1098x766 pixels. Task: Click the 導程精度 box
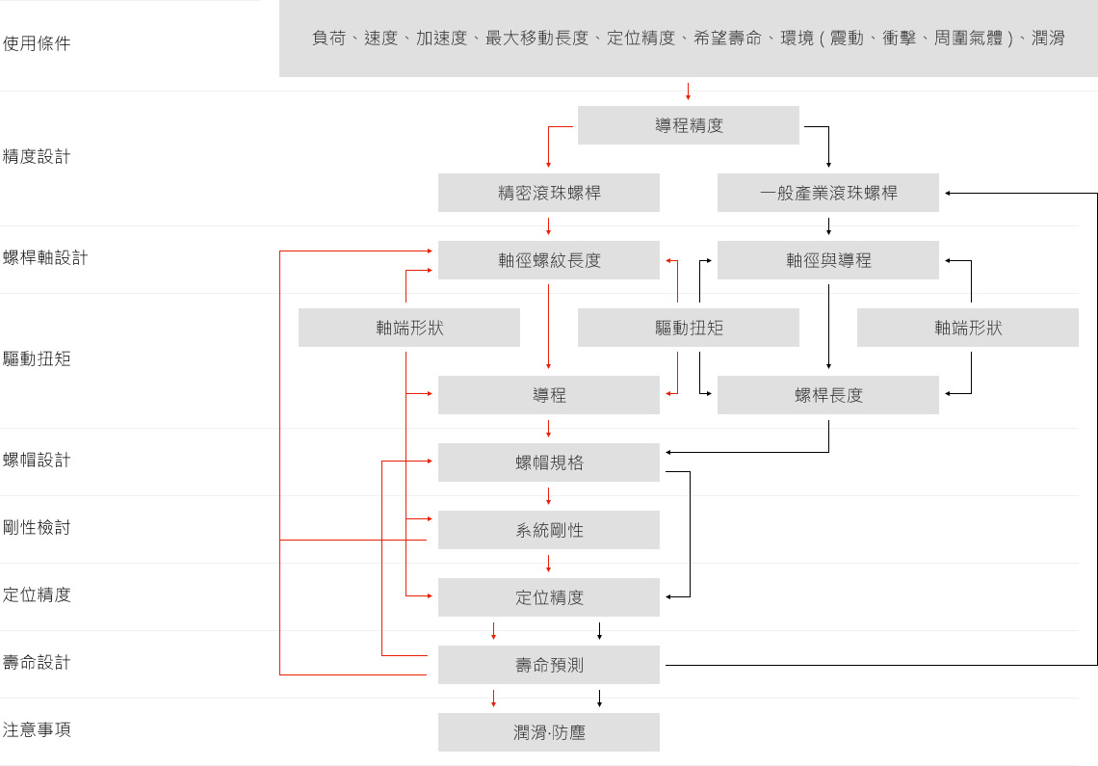pos(688,125)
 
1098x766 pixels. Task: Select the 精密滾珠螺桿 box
pos(549,193)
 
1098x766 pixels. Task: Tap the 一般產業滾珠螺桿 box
pos(828,193)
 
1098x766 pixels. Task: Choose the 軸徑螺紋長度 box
pos(549,260)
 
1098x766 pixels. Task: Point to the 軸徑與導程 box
pos(828,260)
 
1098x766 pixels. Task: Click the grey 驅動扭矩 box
pos(688,328)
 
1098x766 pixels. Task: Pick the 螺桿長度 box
pos(828,395)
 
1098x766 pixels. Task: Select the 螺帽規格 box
pos(549,462)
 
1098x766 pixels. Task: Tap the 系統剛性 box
pos(549,530)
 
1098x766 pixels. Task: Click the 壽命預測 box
pos(549,665)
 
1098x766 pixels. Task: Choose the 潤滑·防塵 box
pos(549,732)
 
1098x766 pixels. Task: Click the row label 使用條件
pos(37,43)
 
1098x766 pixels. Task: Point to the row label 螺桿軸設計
pos(45,257)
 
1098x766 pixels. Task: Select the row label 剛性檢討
pos(37,527)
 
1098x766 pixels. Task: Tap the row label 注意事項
pos(37,729)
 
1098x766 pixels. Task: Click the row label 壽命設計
pos(37,662)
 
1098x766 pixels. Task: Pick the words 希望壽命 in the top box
pos(727,39)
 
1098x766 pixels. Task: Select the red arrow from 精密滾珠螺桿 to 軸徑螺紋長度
pos(549,226)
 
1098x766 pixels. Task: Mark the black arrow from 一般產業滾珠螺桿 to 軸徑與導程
pos(828,226)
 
